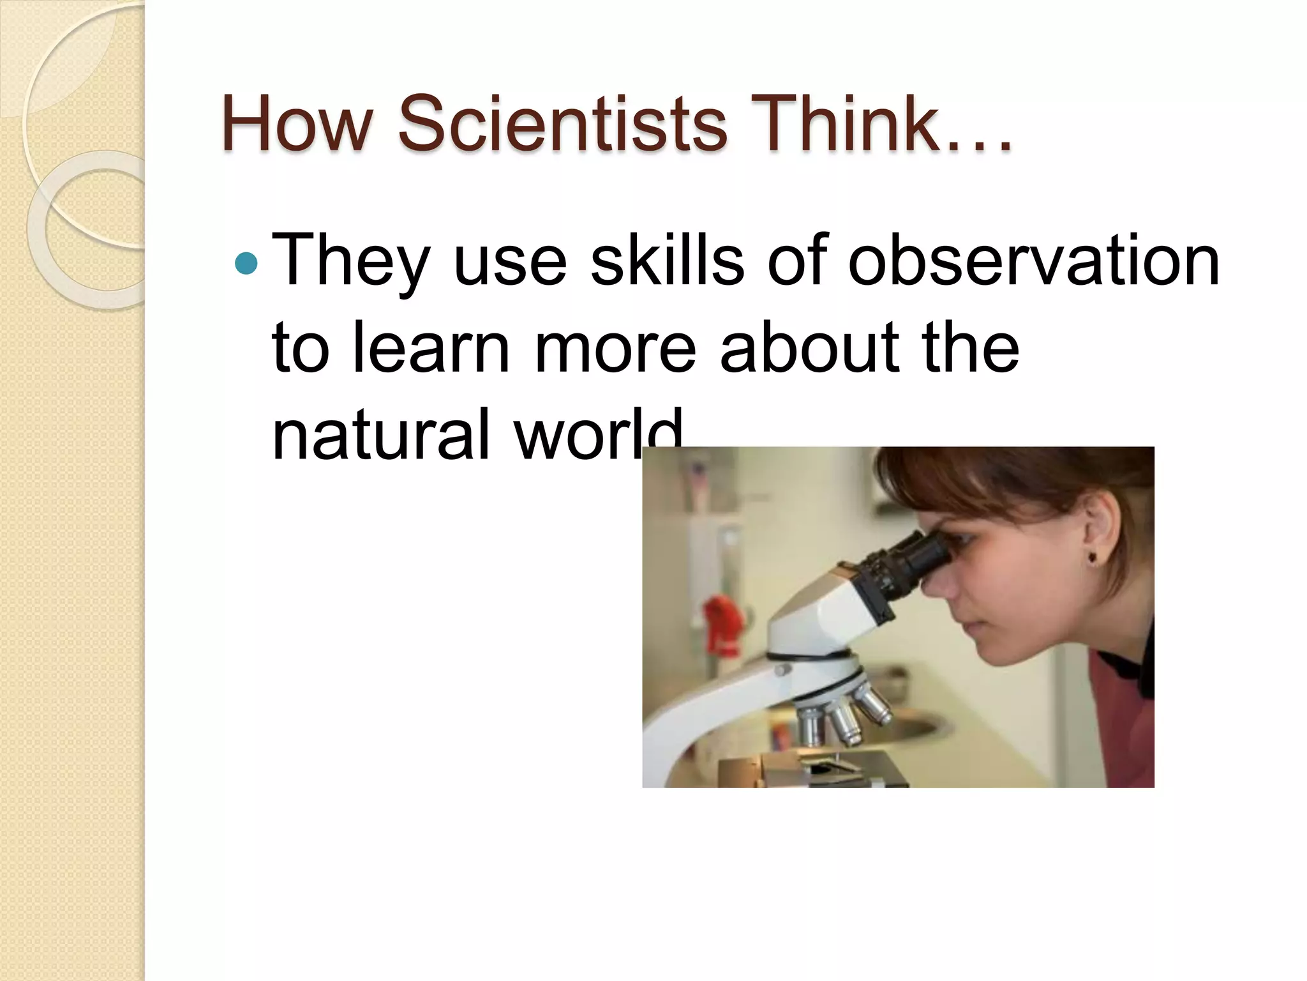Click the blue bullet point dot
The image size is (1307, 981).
tap(246, 262)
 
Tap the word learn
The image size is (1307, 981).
tap(431, 348)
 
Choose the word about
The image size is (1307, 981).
tap(810, 348)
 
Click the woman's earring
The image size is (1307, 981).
tap(1093, 558)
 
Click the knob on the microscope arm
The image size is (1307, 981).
tap(782, 669)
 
